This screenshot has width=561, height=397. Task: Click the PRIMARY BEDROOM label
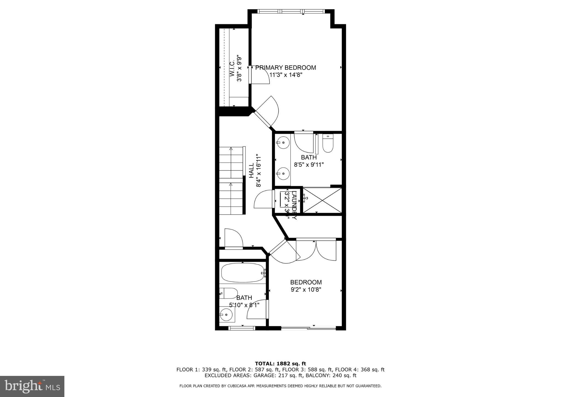(x=285, y=68)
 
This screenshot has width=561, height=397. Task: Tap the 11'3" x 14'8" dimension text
(x=285, y=75)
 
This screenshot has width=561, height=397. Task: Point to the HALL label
(x=251, y=170)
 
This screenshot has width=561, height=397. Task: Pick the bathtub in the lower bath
(x=243, y=273)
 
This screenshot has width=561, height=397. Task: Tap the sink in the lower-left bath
(x=227, y=314)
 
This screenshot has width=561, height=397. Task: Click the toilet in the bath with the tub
(x=228, y=293)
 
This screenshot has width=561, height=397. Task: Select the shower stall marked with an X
(x=322, y=200)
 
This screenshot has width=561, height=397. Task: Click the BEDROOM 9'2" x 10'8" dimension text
(x=306, y=289)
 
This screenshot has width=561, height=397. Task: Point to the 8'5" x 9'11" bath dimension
(x=309, y=165)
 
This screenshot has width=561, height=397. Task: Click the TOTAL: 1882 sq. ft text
(x=280, y=364)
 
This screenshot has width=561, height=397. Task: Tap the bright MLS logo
(x=32, y=386)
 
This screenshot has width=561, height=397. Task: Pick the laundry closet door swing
(x=264, y=200)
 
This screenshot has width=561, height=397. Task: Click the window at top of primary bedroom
(x=291, y=12)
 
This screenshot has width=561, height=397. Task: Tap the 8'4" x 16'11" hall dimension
(x=258, y=170)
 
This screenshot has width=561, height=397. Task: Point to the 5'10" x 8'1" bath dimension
(x=244, y=304)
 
